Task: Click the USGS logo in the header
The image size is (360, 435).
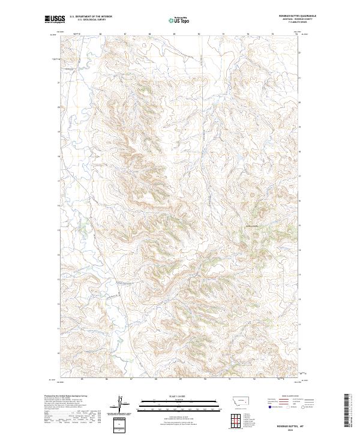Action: click(54, 19)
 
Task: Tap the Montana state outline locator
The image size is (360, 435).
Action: click(236, 399)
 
